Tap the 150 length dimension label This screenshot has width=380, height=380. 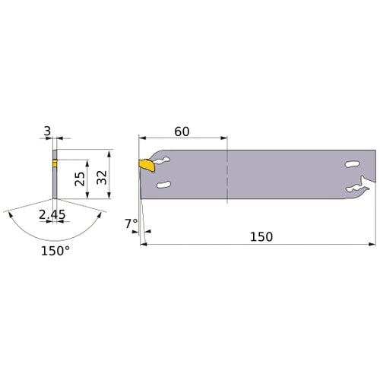click(260, 236)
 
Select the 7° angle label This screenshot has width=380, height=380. click(131, 223)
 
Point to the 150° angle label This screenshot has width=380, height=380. click(55, 250)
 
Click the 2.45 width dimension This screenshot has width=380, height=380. click(52, 215)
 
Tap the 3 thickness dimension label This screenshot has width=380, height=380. click(48, 132)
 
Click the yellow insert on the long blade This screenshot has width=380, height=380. click(144, 163)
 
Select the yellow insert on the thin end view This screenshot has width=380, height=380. click(54, 162)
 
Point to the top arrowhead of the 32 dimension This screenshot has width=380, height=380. click(111, 153)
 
